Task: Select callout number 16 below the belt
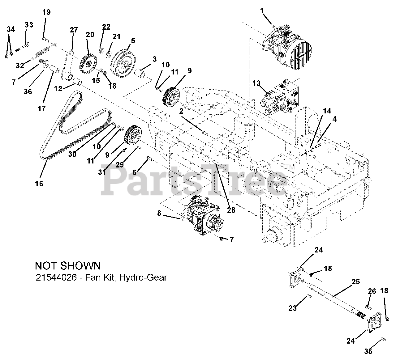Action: [39, 184]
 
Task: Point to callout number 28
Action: [231, 210]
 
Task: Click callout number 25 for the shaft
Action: [356, 282]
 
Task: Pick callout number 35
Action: [368, 351]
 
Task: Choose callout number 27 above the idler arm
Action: [74, 30]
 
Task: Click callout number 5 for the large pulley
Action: [133, 40]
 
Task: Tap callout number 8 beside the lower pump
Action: [159, 213]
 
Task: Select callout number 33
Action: [29, 25]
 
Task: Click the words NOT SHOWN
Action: [68, 265]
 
